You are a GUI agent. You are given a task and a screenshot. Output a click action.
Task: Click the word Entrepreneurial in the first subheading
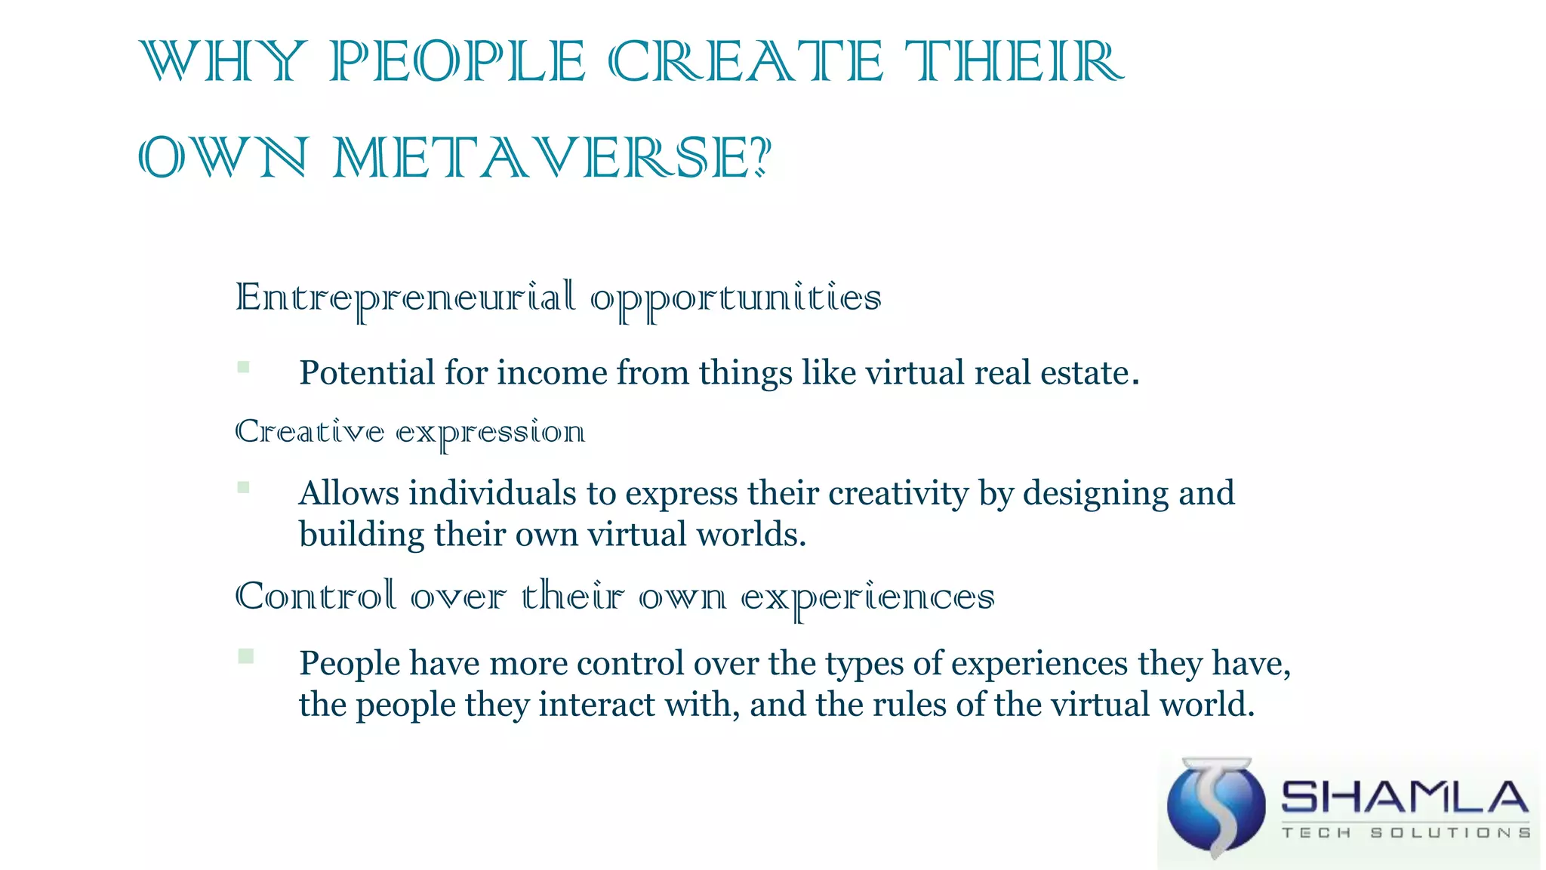[x=405, y=298]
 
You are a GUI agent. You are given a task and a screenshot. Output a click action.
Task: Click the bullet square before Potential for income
[x=243, y=367]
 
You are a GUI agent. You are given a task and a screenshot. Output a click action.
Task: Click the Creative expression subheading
[x=410, y=432]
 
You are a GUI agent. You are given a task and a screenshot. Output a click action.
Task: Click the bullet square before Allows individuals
[x=243, y=487]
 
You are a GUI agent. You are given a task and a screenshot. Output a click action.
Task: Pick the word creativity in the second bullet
[x=898, y=494]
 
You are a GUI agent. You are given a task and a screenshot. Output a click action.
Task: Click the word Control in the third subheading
[x=316, y=597]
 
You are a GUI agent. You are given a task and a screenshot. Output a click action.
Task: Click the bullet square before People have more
[x=245, y=656]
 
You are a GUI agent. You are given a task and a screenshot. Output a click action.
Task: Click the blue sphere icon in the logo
[x=1216, y=807]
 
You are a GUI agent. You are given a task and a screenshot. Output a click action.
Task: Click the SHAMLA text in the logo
[x=1405, y=797]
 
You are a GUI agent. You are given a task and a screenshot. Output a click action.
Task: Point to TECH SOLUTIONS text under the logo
[x=1406, y=832]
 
